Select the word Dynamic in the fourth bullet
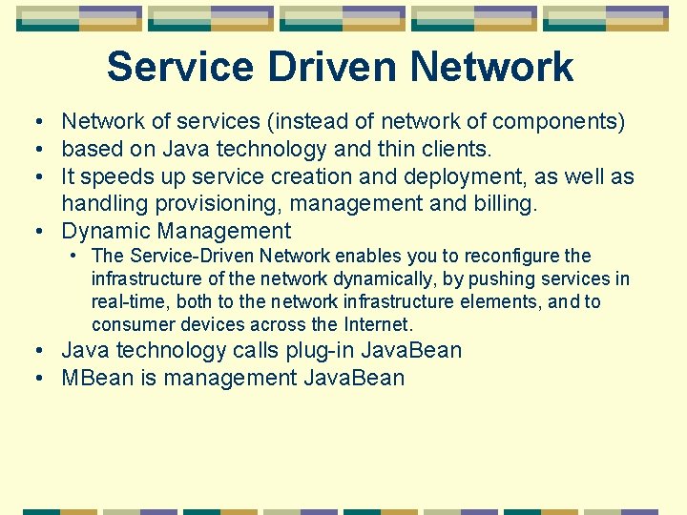click(106, 231)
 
